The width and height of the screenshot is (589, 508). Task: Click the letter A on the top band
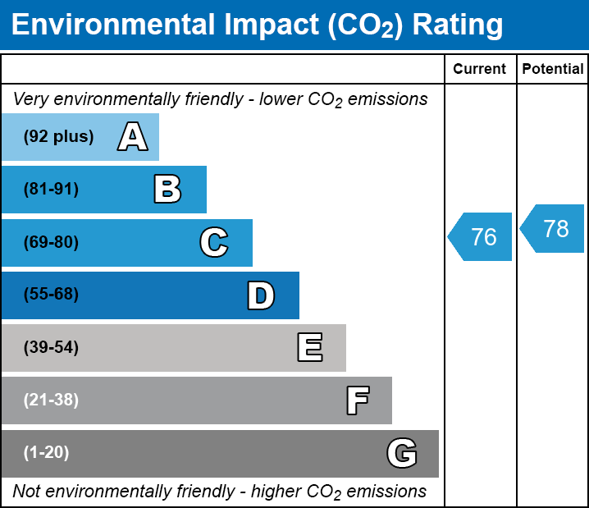pyautogui.click(x=132, y=136)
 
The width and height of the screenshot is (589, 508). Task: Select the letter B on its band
pyautogui.click(x=167, y=190)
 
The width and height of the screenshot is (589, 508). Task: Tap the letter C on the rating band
pyautogui.click(x=213, y=242)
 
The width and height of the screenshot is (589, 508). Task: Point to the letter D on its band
pyautogui.click(x=261, y=295)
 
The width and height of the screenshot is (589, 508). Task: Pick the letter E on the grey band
pyautogui.click(x=309, y=348)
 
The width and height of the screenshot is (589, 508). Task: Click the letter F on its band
pyautogui.click(x=357, y=400)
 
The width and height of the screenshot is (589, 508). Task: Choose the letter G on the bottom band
pyautogui.click(x=402, y=453)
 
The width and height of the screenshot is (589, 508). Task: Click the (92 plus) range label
pyautogui.click(x=58, y=137)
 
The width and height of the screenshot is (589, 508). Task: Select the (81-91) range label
pyautogui.click(x=51, y=190)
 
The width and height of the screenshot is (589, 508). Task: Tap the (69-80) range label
pyautogui.click(x=51, y=242)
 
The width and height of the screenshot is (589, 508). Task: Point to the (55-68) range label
pyautogui.click(x=51, y=295)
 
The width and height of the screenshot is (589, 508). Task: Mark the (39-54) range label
pyautogui.click(x=51, y=348)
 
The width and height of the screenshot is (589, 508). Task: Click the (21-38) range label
pyautogui.click(x=51, y=400)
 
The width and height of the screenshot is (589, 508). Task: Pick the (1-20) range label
pyautogui.click(x=47, y=453)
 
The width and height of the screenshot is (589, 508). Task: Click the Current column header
pyautogui.click(x=480, y=70)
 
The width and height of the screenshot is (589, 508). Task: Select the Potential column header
pyautogui.click(x=553, y=70)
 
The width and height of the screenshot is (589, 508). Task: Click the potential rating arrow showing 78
pyautogui.click(x=553, y=228)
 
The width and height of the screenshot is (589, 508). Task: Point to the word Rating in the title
pyautogui.click(x=457, y=25)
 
